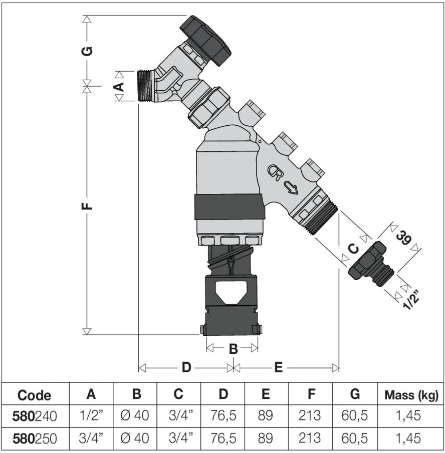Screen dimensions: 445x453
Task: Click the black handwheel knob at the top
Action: [206, 40]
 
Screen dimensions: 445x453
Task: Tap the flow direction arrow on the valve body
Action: [291, 187]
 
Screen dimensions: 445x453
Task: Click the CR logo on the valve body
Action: [274, 173]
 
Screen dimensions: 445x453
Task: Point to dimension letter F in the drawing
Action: [87, 205]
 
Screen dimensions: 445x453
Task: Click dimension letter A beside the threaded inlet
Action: [119, 86]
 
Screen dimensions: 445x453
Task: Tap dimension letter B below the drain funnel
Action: [233, 349]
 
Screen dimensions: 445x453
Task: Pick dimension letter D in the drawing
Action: [186, 367]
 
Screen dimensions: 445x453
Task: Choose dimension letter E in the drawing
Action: [278, 367]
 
